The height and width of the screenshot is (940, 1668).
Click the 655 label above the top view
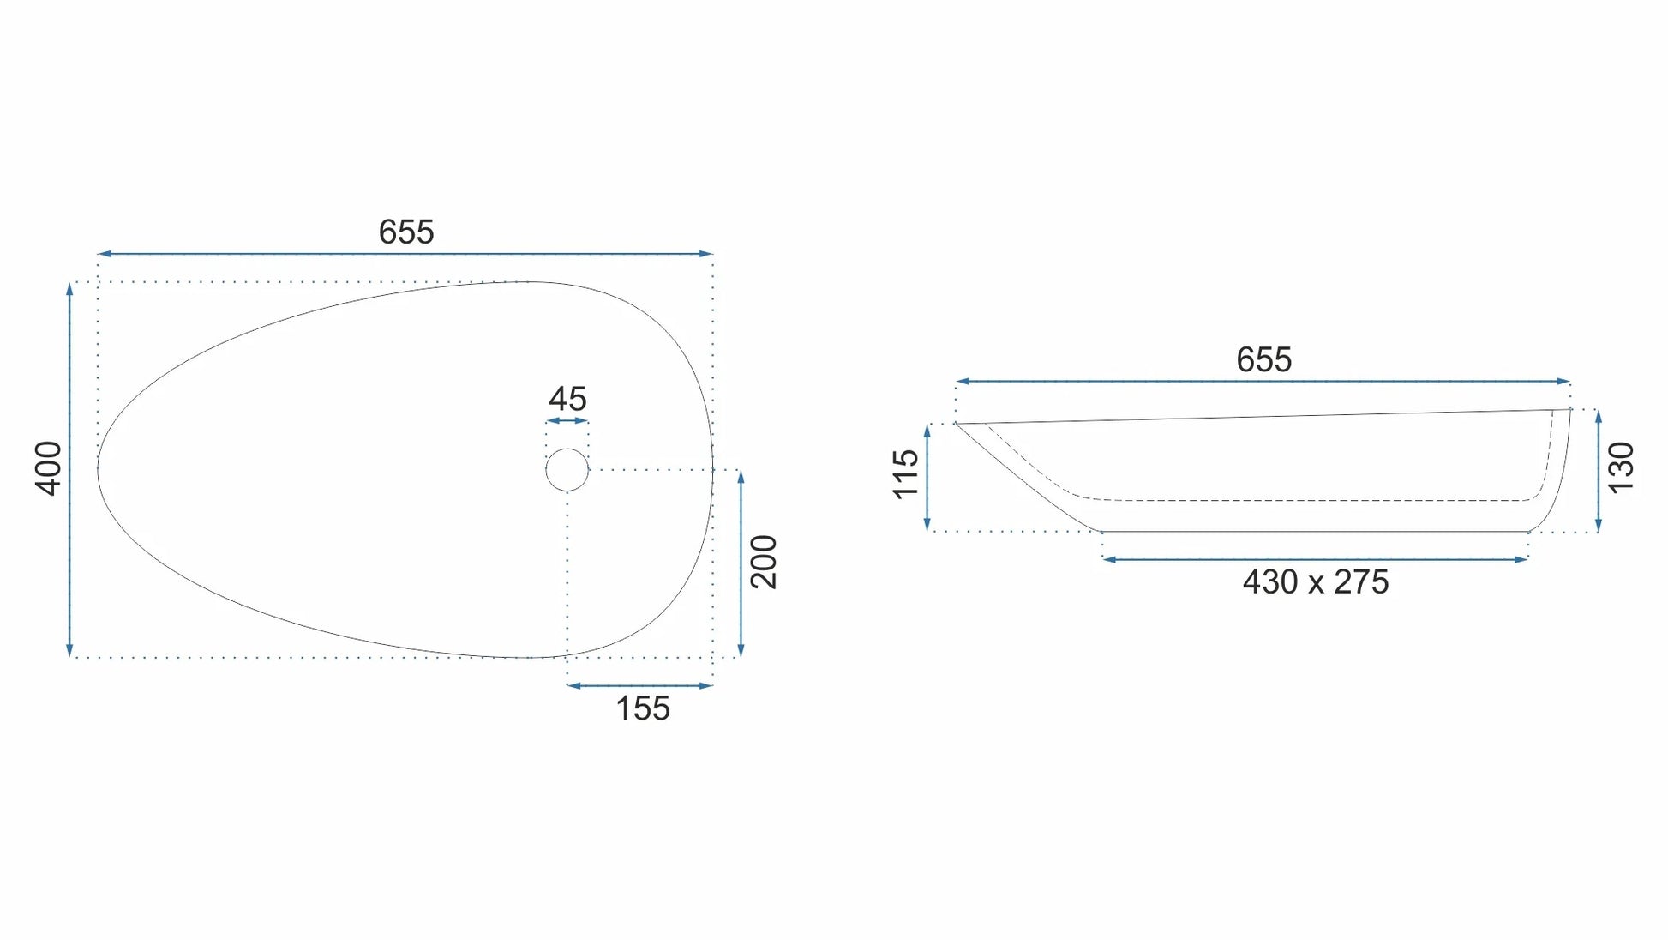pos(406,232)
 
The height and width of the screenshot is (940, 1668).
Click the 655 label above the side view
pos(1263,360)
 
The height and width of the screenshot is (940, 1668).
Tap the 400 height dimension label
pos(49,468)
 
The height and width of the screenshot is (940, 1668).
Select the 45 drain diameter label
pos(567,400)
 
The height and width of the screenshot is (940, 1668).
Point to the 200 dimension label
pos(764,562)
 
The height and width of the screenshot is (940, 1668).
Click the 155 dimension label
pos(643,709)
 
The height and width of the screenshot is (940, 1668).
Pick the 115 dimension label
pos(906,474)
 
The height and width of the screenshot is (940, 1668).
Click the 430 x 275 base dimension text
pos(1316,582)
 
